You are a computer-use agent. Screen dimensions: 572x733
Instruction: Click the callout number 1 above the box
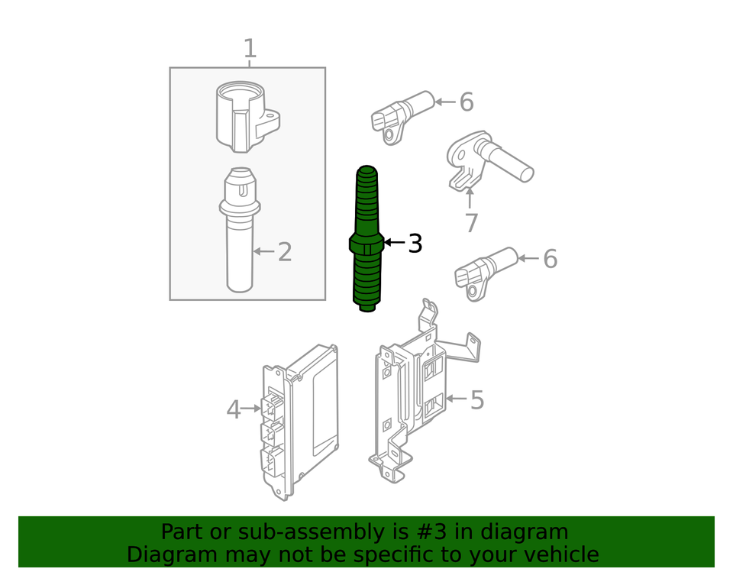click(250, 49)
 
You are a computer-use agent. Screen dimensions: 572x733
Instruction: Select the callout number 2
click(285, 252)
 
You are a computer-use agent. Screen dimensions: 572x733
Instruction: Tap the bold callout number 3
click(415, 244)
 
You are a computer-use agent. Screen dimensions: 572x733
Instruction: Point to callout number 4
click(234, 410)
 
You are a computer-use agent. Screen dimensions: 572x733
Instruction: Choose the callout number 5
click(476, 399)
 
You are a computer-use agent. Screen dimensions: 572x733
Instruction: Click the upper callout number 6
click(467, 102)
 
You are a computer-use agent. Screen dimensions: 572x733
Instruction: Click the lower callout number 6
click(550, 260)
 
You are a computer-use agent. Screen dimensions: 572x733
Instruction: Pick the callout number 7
click(471, 224)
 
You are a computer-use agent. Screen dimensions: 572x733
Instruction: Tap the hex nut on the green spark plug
click(366, 244)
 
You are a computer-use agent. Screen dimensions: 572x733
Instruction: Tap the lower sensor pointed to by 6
click(485, 270)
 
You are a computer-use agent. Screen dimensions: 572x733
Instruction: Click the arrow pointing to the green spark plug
click(393, 243)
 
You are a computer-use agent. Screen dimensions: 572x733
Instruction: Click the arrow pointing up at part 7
click(470, 197)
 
